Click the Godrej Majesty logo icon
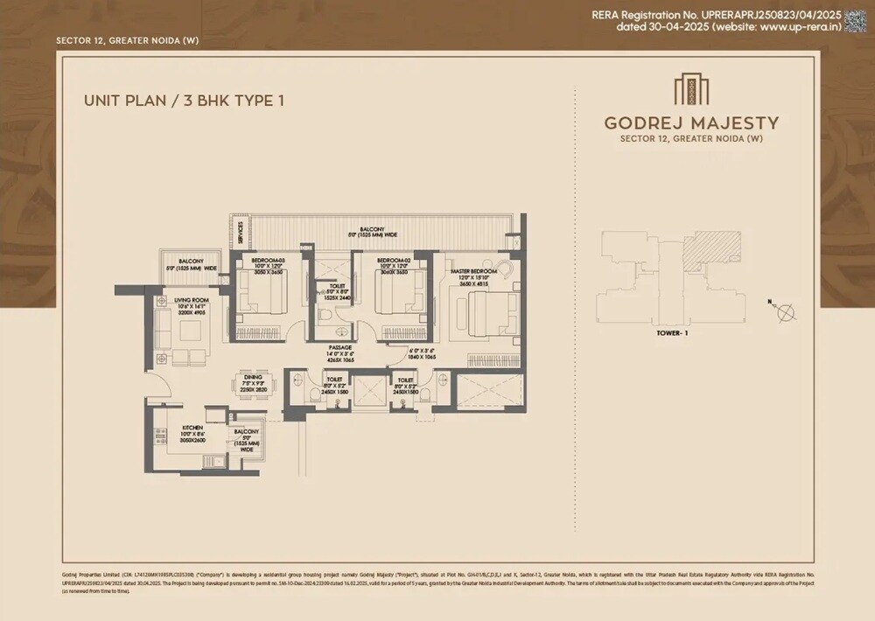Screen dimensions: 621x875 (691, 90)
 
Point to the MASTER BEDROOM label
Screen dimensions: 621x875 (473, 272)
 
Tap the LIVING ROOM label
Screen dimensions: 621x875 (188, 300)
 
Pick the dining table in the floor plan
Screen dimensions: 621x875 (253, 387)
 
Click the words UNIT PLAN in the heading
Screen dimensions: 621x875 (122, 101)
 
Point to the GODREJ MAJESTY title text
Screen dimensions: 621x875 (691, 122)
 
